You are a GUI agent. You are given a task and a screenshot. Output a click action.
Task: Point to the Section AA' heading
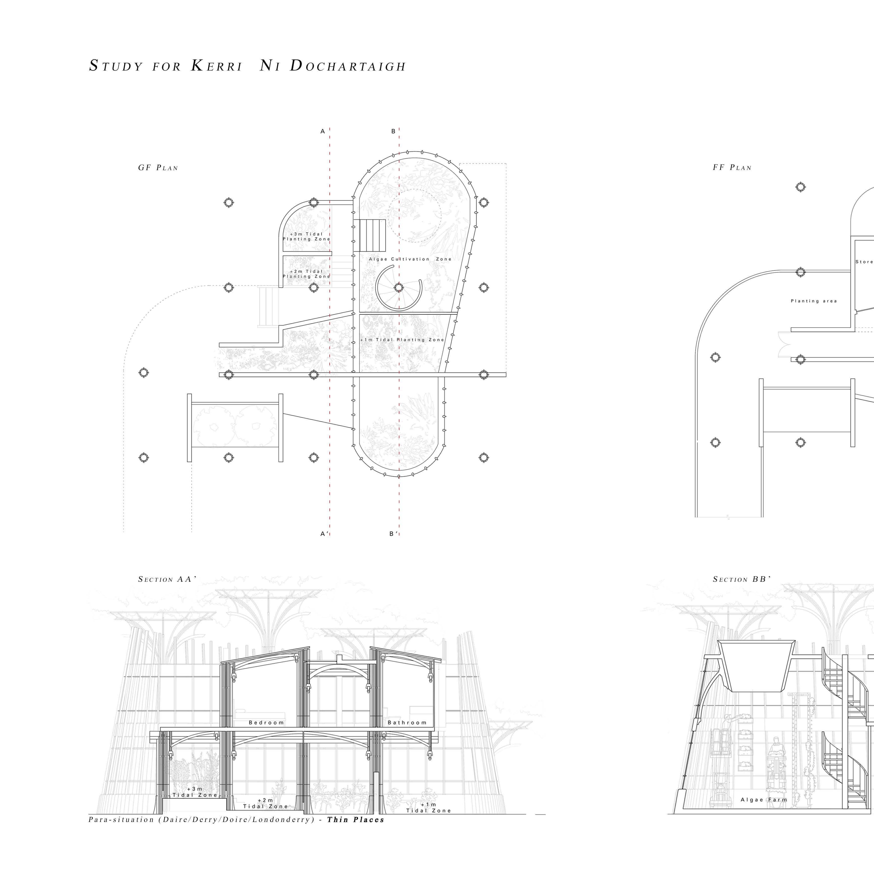pyautogui.click(x=167, y=579)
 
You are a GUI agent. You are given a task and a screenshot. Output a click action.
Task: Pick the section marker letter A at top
pyautogui.click(x=323, y=132)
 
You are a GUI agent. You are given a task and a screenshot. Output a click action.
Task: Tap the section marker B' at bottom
pyautogui.click(x=394, y=534)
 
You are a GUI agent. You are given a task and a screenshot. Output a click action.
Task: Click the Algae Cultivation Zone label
pyautogui.click(x=410, y=259)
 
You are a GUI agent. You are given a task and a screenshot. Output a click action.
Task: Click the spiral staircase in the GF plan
pyautogui.click(x=398, y=288)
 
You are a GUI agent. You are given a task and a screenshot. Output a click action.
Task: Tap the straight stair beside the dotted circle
pyautogui.click(x=369, y=235)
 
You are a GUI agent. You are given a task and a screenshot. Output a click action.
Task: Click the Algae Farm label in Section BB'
pyautogui.click(x=764, y=800)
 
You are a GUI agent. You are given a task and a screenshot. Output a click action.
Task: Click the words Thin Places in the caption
pyautogui.click(x=356, y=820)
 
